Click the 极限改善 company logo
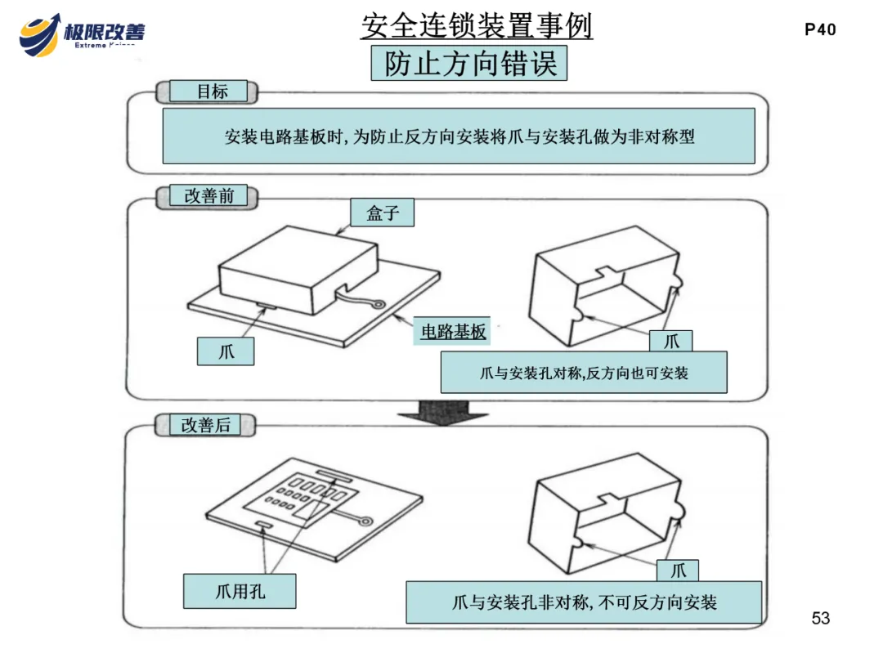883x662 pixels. coord(82,32)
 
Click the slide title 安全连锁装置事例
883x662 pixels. coord(477,26)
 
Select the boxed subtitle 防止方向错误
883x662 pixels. coord(469,64)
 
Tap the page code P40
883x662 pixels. coord(820,30)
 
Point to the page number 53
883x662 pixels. coord(821,618)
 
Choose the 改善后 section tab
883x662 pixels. coord(205,425)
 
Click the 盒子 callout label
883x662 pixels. coord(382,213)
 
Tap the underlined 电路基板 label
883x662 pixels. coord(453,332)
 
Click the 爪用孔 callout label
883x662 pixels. coord(240,591)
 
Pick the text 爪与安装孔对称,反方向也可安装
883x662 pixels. coord(584,373)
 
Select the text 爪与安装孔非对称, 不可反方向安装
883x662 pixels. coord(584,603)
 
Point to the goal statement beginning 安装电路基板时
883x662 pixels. coord(459,136)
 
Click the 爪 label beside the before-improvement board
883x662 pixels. coord(226,352)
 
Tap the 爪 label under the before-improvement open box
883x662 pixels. coord(671,341)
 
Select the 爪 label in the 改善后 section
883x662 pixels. coord(679,570)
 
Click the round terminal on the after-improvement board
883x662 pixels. coord(366,518)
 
